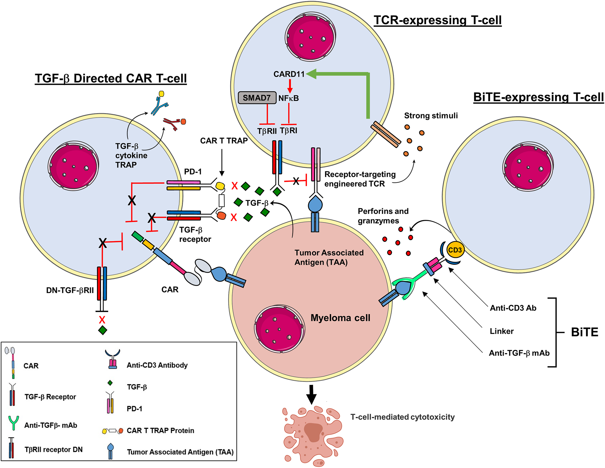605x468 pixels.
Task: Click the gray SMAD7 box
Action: tap(257, 98)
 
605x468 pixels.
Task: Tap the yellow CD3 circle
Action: tap(455, 250)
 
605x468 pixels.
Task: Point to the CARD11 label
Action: tap(289, 74)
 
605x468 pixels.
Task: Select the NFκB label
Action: tap(289, 98)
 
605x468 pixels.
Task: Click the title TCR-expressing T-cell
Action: tap(438, 20)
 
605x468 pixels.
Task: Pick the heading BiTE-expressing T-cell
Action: tap(538, 97)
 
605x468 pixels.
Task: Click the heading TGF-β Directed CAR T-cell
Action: tap(111, 78)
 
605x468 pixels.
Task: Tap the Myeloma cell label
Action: tap(340, 318)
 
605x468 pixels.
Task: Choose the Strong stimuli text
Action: tap(431, 116)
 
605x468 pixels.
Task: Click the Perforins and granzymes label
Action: tap(383, 216)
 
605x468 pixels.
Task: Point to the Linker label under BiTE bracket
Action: tap(502, 331)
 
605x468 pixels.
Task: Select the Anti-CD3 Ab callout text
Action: tap(513, 308)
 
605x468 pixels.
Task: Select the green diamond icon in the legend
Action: tap(110, 383)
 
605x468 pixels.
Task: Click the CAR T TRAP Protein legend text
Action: tap(160, 430)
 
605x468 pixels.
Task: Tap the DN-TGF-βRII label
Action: tap(70, 291)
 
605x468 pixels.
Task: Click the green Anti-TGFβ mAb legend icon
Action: tap(13, 423)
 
